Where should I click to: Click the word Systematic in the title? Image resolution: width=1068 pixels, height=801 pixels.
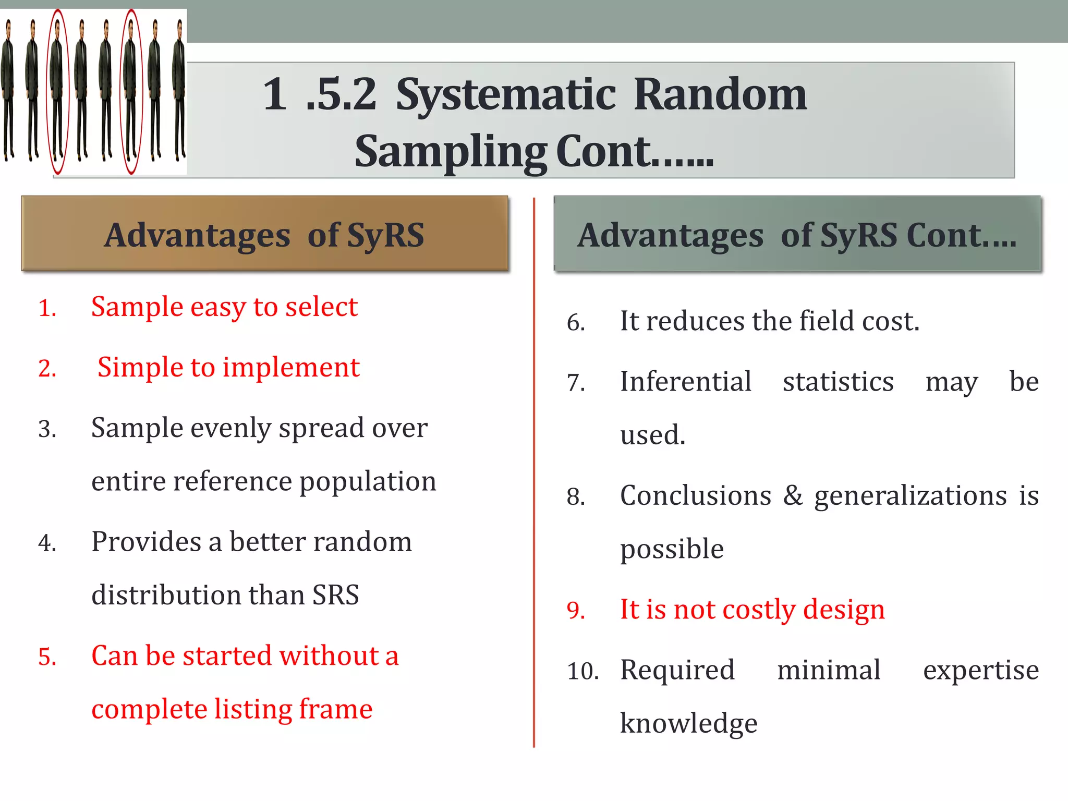pyautogui.click(x=506, y=95)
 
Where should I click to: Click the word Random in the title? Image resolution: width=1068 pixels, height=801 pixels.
pyautogui.click(x=720, y=95)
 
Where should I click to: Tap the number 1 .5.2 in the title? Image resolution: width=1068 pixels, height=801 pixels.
pyautogui.click(x=319, y=95)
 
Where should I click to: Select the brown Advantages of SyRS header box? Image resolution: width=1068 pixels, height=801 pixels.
pyautogui.click(x=264, y=234)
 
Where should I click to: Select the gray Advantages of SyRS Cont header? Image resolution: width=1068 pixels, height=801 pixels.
pyautogui.click(x=797, y=234)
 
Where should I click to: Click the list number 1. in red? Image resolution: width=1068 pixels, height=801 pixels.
pyautogui.click(x=47, y=308)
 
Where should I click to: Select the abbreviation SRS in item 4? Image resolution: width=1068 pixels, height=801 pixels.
pyautogui.click(x=335, y=595)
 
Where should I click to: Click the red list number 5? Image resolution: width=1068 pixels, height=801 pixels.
pyautogui.click(x=47, y=657)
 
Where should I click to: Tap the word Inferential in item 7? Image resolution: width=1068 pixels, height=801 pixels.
pyautogui.click(x=685, y=382)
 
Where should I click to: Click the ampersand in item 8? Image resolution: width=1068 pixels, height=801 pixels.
pyautogui.click(x=793, y=495)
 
